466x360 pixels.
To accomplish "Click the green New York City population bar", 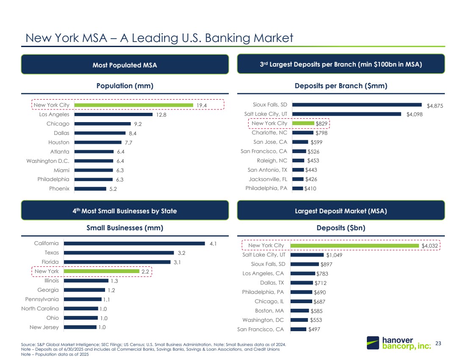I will (133, 105).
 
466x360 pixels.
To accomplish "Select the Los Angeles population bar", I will (113, 114).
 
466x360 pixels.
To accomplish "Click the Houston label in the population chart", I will (59, 142).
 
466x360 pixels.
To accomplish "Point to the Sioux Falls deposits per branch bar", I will (357, 105).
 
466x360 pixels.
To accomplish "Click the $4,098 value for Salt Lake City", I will (415, 114).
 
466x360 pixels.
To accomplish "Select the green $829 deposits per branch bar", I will (303, 123).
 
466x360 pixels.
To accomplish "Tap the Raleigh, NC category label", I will (272, 161).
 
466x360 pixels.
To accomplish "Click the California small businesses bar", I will (134, 243).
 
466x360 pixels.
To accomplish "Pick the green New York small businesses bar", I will (101, 271).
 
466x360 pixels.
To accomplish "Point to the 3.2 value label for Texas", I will (181, 253).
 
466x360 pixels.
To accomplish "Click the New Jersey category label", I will (44, 327).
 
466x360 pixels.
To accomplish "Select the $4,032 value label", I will (429, 246).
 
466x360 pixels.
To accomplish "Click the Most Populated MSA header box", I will (125, 65).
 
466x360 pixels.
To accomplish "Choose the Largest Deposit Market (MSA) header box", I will (341, 210).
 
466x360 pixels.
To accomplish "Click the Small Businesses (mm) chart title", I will (125, 228).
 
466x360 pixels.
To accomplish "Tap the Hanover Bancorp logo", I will (398, 343).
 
